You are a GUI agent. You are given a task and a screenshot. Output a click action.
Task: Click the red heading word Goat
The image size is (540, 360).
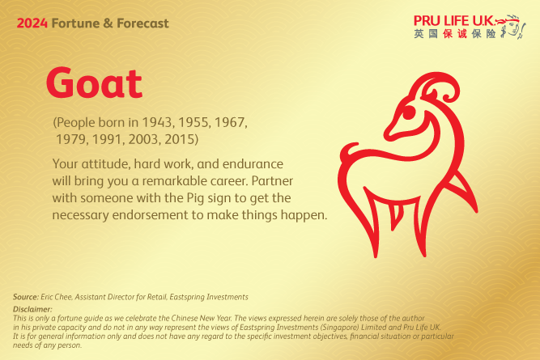pyautogui.click(x=94, y=83)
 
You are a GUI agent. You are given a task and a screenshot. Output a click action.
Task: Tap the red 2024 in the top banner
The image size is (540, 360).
pyautogui.click(x=32, y=23)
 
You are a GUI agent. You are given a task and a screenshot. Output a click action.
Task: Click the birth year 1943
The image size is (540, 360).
pyautogui.click(x=156, y=123)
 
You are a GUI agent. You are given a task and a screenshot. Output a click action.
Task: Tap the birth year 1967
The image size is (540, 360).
pyautogui.click(x=229, y=123)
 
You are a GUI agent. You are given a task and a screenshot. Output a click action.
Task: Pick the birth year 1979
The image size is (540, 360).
pyautogui.click(x=74, y=139)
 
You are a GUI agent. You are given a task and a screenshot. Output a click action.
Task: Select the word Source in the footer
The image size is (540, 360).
pyautogui.click(x=26, y=297)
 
